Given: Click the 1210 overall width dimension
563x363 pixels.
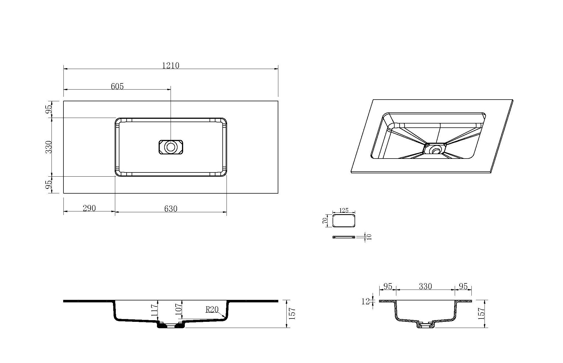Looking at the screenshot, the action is click(171, 65).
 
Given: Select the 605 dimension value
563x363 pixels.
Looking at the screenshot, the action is click(117, 86).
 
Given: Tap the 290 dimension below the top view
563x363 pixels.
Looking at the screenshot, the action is click(89, 208).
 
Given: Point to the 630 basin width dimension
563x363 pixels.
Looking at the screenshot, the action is click(171, 209).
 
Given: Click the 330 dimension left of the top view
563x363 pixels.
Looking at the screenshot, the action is click(49, 147).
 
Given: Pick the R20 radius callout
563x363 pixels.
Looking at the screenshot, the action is click(212, 310).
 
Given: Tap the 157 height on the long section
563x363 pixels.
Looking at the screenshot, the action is click(292, 313).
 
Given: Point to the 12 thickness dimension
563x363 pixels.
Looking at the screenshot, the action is click(365, 301).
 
